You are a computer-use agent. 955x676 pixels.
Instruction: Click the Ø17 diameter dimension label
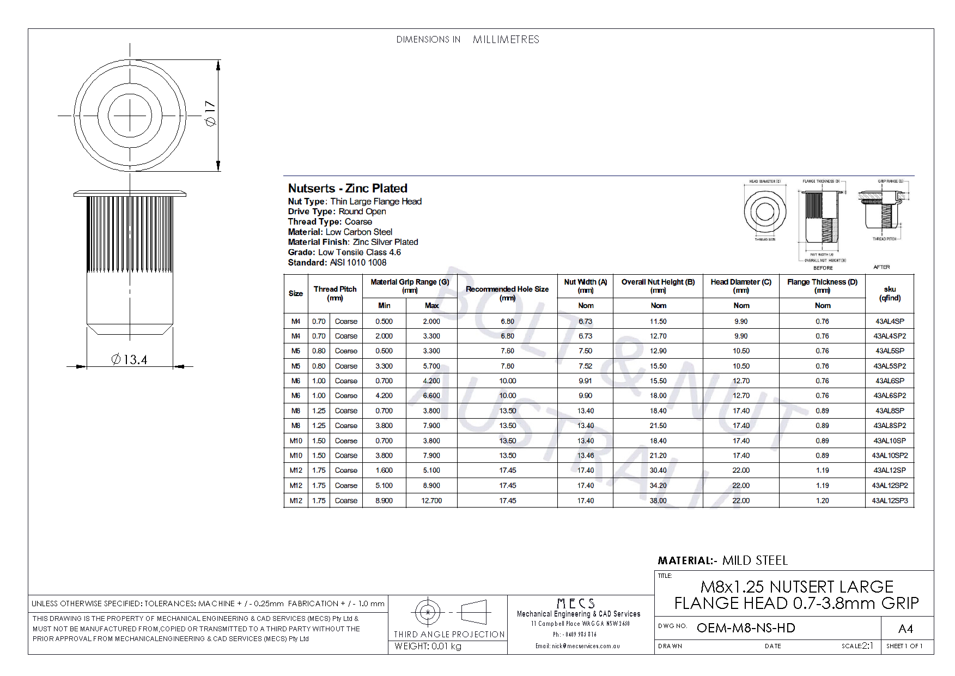[210, 113]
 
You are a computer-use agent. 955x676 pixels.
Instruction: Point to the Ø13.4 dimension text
[129, 360]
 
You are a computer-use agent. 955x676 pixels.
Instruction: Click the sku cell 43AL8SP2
[890, 426]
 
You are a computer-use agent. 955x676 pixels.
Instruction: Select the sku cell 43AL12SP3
[890, 500]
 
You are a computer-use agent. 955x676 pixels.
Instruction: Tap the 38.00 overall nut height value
[658, 500]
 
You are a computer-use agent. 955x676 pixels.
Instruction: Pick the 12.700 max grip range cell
[431, 500]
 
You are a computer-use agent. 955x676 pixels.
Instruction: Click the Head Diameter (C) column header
[741, 286]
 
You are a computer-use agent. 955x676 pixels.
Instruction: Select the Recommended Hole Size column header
[507, 293]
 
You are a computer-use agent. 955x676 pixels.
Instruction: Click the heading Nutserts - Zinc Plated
[348, 189]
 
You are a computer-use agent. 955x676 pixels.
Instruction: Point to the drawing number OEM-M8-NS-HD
[746, 628]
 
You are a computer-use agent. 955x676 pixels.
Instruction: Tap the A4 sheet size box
[905, 629]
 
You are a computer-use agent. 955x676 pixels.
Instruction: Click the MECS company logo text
[576, 603]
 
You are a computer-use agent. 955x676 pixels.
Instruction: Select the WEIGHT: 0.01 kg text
[428, 647]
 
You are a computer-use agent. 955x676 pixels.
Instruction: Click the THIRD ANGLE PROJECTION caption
[449, 635]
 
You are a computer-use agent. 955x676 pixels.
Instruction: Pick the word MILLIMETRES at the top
[506, 40]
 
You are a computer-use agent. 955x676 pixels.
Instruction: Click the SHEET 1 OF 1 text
[904, 646]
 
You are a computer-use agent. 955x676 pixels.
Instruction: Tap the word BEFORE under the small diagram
[823, 268]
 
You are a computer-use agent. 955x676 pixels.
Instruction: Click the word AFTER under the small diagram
[881, 267]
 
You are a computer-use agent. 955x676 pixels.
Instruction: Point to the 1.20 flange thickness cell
[822, 500]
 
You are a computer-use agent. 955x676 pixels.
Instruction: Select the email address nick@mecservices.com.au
[577, 646]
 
